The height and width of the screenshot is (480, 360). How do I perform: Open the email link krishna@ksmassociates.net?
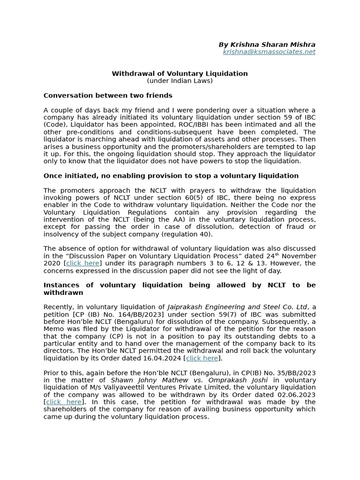(x=269, y=52)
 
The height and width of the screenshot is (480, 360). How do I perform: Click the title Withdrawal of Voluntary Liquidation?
(x=180, y=74)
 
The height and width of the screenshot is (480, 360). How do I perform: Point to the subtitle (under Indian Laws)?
(x=180, y=81)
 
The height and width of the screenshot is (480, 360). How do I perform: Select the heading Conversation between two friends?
(x=108, y=96)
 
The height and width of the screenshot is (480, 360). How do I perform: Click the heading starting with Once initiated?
(x=171, y=176)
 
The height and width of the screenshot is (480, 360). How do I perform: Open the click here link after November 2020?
(x=82, y=263)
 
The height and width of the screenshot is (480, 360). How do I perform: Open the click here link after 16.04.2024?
(x=202, y=358)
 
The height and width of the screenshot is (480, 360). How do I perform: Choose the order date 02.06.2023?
(x=298, y=395)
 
